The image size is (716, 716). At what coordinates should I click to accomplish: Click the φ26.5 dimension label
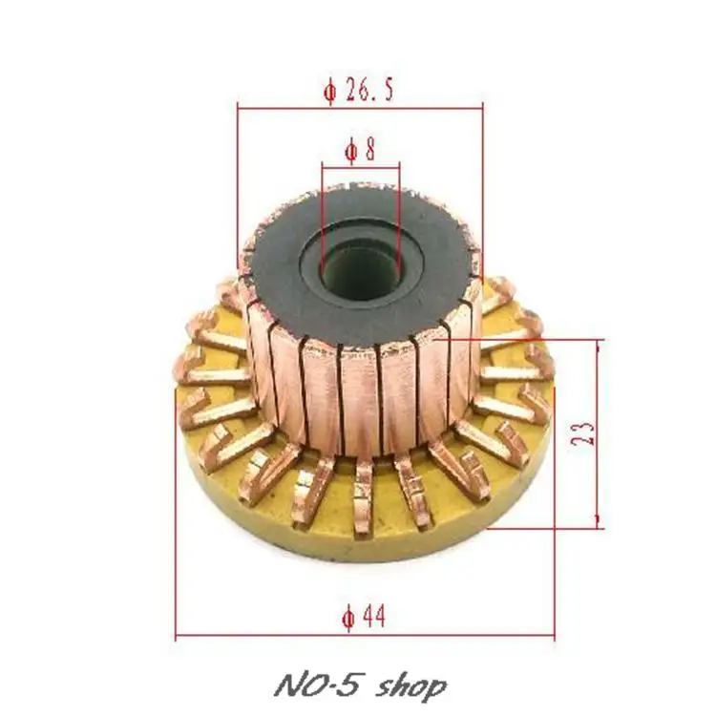pos(359,93)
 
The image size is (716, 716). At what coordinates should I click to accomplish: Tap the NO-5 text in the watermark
pos(306,685)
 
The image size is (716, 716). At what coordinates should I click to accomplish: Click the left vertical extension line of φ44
pos(177,535)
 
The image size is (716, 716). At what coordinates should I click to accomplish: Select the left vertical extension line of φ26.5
pos(236,181)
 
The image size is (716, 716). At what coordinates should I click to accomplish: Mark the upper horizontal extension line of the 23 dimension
pos(535,338)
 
